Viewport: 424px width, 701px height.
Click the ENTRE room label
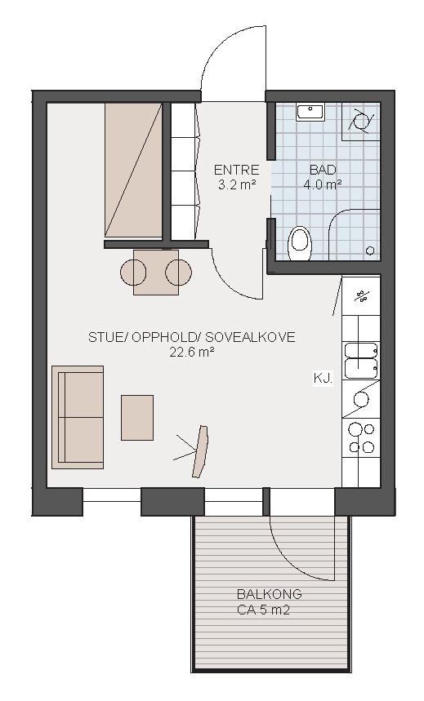click(x=236, y=170)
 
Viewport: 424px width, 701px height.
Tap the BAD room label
click(x=323, y=170)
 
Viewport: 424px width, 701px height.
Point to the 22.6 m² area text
click(x=192, y=353)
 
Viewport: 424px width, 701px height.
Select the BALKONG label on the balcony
click(x=269, y=594)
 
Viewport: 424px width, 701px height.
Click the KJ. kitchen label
click(x=323, y=379)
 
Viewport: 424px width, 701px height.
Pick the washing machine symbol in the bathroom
click(x=361, y=121)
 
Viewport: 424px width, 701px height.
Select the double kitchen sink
click(x=361, y=361)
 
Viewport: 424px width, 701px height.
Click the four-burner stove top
click(x=361, y=438)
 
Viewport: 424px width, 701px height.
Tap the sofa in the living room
click(x=78, y=417)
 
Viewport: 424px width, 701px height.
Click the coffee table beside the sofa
click(x=137, y=418)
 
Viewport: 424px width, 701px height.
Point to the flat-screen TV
click(x=200, y=451)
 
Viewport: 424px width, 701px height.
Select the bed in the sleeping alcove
click(x=133, y=170)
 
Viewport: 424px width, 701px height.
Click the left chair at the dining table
click(x=133, y=273)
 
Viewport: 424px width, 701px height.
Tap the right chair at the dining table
click(x=178, y=273)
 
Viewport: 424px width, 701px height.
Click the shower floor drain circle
click(x=370, y=251)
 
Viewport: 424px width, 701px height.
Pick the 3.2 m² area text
click(x=236, y=184)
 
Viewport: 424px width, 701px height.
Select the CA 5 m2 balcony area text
click(x=263, y=610)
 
